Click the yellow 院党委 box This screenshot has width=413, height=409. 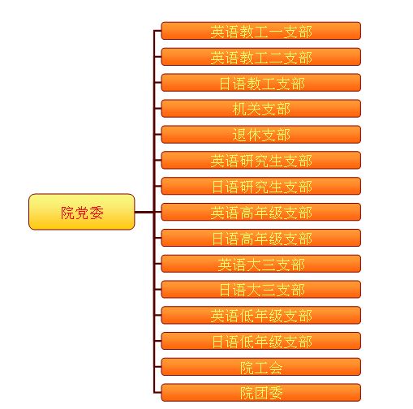click(x=81, y=212)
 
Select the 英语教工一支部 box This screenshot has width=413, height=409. click(x=261, y=31)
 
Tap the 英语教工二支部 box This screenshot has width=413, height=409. click(x=261, y=57)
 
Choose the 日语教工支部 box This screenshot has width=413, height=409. click(x=261, y=83)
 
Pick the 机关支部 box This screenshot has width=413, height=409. click(x=261, y=109)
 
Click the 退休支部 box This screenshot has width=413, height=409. click(x=261, y=134)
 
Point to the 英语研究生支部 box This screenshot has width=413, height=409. click(x=261, y=160)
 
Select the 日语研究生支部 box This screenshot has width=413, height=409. click(x=261, y=186)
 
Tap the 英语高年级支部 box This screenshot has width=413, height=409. click(x=261, y=212)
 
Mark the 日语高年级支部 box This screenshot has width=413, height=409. click(x=261, y=238)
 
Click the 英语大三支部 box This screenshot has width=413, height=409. click(x=261, y=264)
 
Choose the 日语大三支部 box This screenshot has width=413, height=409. click(x=261, y=289)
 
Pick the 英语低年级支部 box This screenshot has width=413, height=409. click(x=261, y=315)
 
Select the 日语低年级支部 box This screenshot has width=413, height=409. click(x=261, y=341)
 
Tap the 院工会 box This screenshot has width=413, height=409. click(x=261, y=367)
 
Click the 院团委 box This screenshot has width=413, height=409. click(x=261, y=393)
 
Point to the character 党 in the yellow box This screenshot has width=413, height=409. click(x=82, y=213)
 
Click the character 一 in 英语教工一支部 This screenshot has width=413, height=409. click(x=276, y=32)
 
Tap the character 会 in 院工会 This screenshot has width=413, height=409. click(x=276, y=368)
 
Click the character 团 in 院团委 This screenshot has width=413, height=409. click(x=261, y=394)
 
